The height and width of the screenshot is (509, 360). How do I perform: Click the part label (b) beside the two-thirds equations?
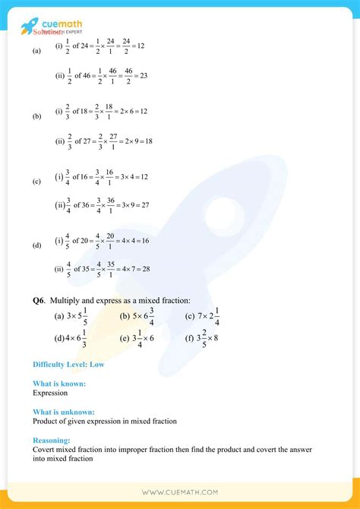point(36,116)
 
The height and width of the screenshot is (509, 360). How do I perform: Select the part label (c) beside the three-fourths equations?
point(36,182)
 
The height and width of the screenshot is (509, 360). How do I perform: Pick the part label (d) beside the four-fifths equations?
point(36,245)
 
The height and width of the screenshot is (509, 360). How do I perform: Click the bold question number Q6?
point(39,301)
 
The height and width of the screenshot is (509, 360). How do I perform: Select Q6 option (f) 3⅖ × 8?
point(201,338)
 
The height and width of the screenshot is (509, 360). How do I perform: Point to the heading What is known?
point(59,384)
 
